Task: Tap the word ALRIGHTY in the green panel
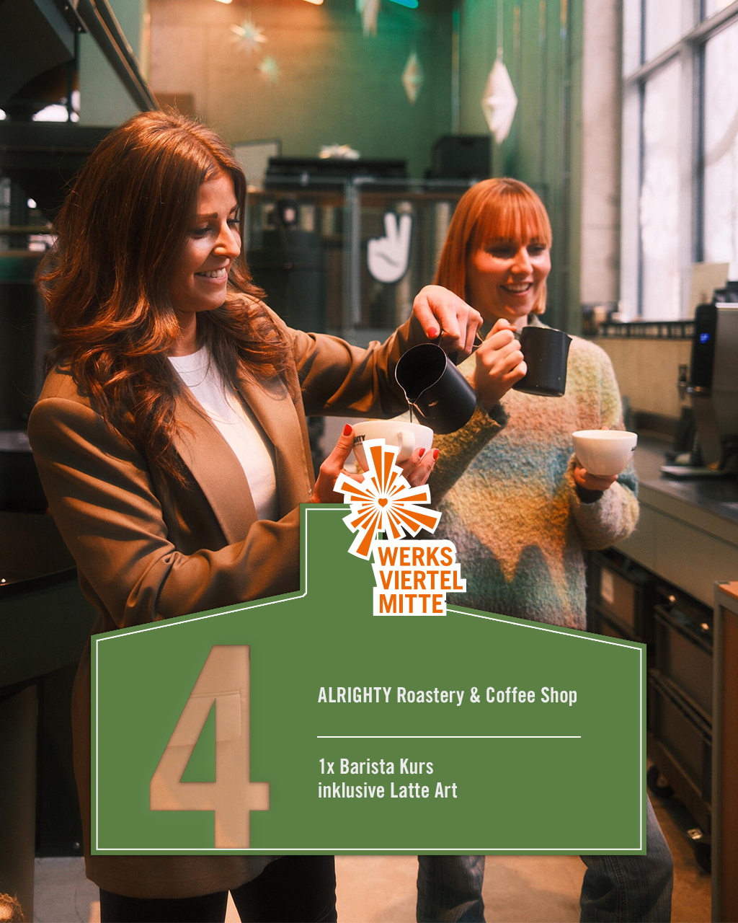pyautogui.click(x=354, y=695)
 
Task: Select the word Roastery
pyautogui.click(x=430, y=696)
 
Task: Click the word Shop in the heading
pyautogui.click(x=559, y=696)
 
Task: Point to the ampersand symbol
pyautogui.click(x=475, y=696)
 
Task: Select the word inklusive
pyautogui.click(x=351, y=790)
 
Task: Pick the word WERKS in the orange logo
pyautogui.click(x=416, y=557)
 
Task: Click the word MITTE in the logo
pyautogui.click(x=412, y=604)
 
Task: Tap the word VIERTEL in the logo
pyautogui.click(x=421, y=580)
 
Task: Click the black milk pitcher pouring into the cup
pyautogui.click(x=436, y=386)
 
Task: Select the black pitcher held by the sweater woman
pyautogui.click(x=541, y=361)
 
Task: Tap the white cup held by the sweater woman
pyautogui.click(x=604, y=452)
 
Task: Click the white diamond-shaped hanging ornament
pyautogui.click(x=499, y=101)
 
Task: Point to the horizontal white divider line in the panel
pyautogui.click(x=448, y=737)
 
